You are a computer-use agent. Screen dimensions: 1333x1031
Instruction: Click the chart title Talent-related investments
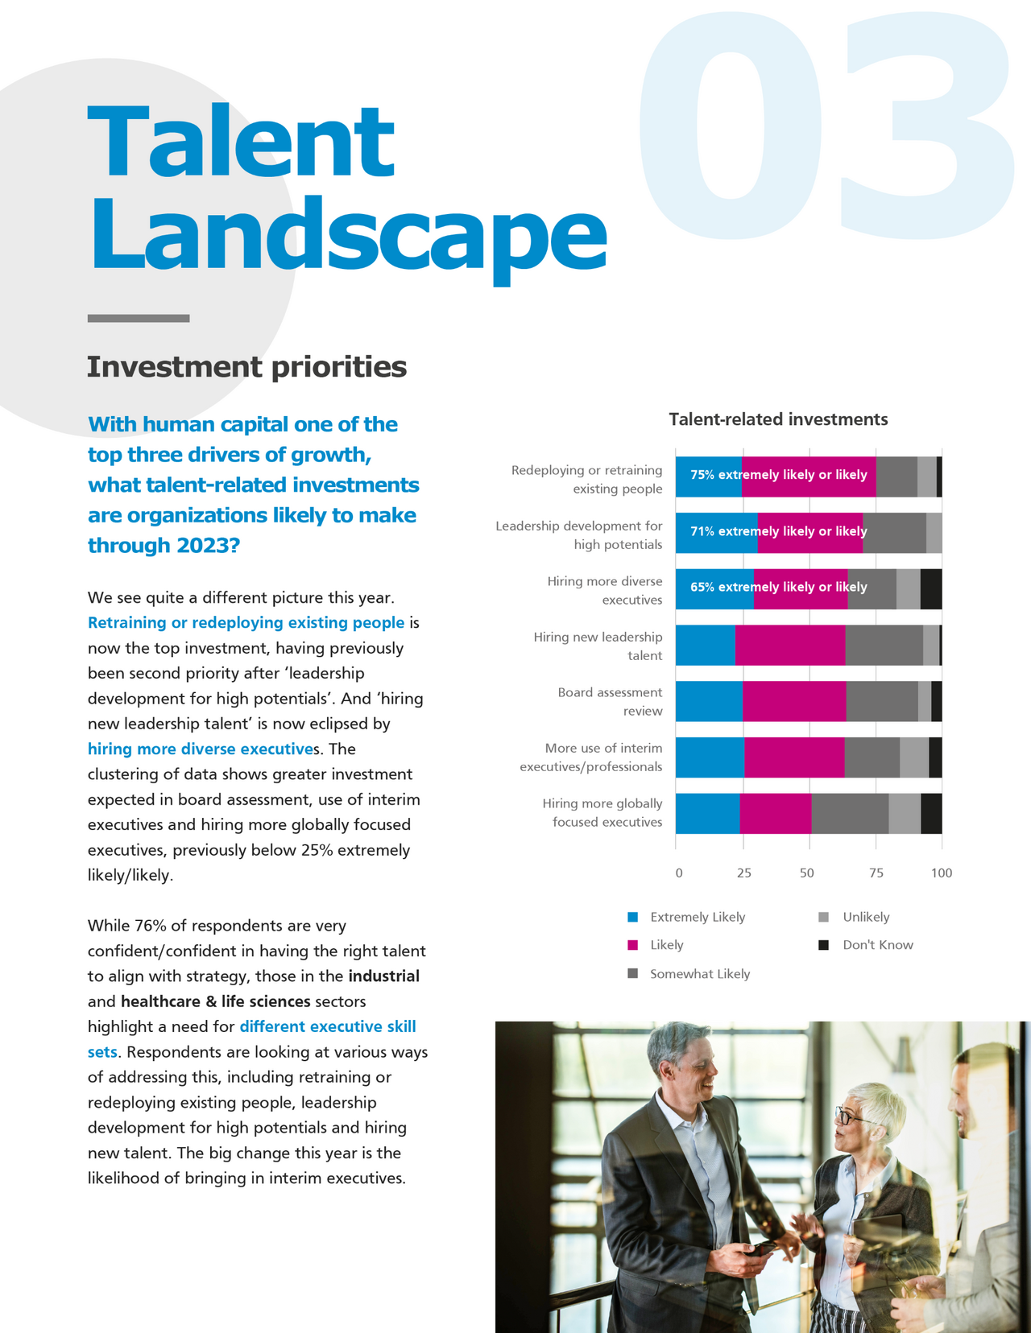pyautogui.click(x=778, y=419)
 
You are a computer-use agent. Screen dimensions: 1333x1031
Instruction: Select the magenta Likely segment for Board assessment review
pyautogui.click(x=794, y=701)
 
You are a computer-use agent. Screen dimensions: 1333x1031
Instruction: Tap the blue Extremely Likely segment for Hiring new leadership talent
pyautogui.click(x=705, y=645)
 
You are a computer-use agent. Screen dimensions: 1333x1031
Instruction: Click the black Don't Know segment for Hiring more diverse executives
pyautogui.click(x=931, y=588)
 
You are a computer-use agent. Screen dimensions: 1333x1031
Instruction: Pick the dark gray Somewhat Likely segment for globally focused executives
pyautogui.click(x=850, y=813)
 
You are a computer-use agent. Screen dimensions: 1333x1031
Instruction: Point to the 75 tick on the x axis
pyautogui.click(x=876, y=873)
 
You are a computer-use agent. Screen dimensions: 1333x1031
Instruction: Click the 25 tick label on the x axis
pyautogui.click(x=744, y=873)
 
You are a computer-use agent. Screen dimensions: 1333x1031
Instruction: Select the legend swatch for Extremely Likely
pyautogui.click(x=633, y=917)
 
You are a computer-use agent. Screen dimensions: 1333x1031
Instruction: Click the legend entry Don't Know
pyautogui.click(x=877, y=945)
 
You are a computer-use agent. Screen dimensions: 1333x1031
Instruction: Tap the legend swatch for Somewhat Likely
pyautogui.click(x=633, y=974)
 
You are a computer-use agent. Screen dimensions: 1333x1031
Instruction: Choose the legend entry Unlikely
pyautogui.click(x=866, y=917)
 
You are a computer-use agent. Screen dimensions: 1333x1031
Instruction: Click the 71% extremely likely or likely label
pyautogui.click(x=778, y=531)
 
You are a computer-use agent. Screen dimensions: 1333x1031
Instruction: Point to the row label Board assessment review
pyautogui.click(x=610, y=701)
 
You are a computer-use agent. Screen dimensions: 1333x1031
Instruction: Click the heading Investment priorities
pyautogui.click(x=246, y=367)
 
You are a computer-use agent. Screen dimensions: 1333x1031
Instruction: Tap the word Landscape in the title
pyautogui.click(x=346, y=235)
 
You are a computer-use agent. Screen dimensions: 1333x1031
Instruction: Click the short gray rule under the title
pyautogui.click(x=139, y=319)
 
